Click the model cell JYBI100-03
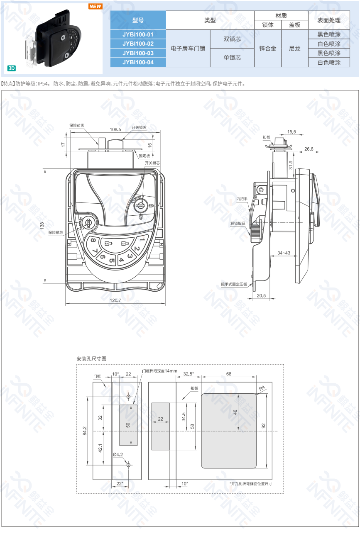[138, 53]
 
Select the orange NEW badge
[96, 7]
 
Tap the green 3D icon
[12, 68]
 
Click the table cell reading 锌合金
[267, 49]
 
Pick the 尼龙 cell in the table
[294, 49]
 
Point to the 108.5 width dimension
[115, 129]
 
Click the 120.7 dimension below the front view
[115, 300]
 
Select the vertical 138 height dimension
[42, 226]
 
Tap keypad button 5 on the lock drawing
[112, 260]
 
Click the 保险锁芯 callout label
[56, 232]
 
